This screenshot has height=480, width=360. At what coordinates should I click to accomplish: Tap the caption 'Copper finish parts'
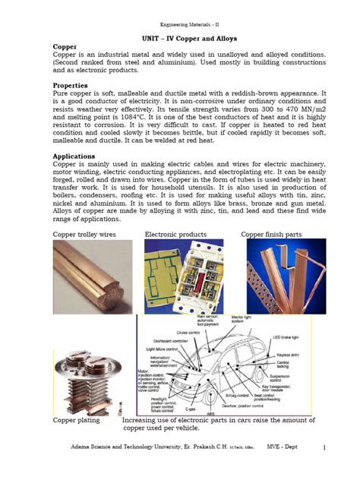[271, 235]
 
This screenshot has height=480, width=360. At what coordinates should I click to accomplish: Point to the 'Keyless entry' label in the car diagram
[308, 354]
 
